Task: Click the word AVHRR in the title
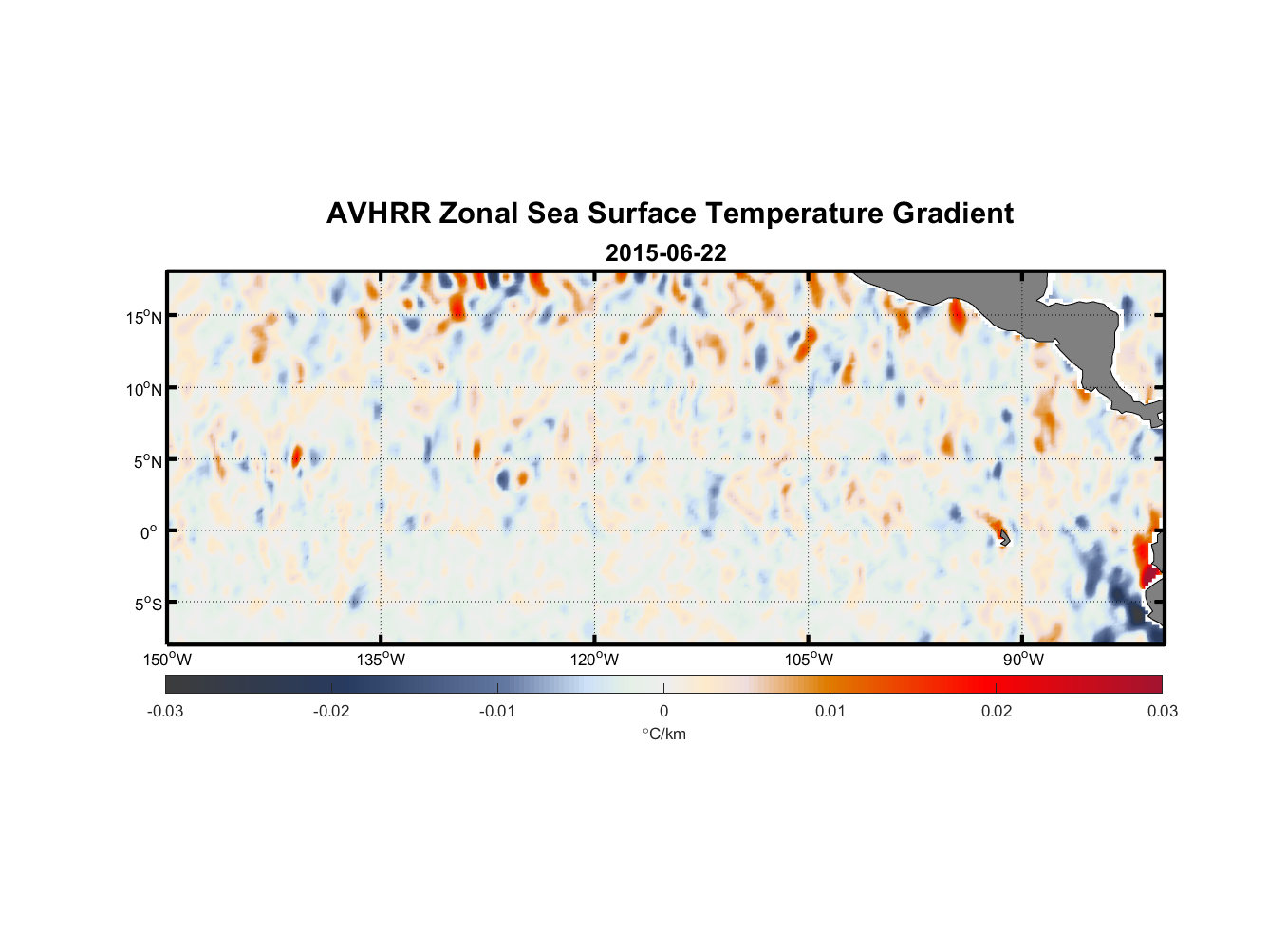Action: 378,214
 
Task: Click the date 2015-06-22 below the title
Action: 665,253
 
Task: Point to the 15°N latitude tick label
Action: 144,317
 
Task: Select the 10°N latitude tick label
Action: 144,389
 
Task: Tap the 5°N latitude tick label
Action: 147,461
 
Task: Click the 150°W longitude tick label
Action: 167,660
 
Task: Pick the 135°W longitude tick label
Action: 381,660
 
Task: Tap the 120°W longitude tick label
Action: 594,660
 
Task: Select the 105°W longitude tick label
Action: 809,660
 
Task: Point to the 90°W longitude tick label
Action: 1023,660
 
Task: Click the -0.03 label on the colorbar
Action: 165,712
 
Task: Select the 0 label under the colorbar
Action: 663,712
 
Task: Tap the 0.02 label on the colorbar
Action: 997,712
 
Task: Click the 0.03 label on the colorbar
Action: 1162,712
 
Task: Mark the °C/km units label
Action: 663,734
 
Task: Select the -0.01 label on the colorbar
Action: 497,712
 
